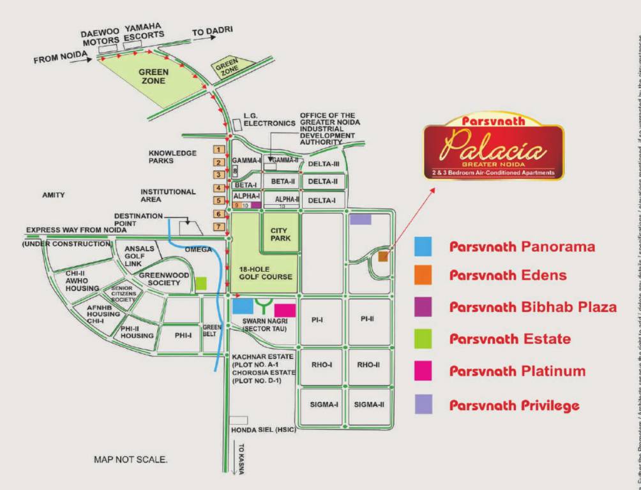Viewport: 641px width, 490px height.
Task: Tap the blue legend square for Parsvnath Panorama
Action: [423, 246]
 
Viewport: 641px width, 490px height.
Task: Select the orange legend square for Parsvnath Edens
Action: [423, 276]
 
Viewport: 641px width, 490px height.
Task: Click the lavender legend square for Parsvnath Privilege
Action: [423, 405]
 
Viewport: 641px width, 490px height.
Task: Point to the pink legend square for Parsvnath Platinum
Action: [423, 371]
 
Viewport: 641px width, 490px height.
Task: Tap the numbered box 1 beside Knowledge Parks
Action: [219, 150]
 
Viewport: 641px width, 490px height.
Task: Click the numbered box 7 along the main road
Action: [219, 226]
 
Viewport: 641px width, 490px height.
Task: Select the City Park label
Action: [281, 234]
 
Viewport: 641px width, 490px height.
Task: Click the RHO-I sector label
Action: [322, 365]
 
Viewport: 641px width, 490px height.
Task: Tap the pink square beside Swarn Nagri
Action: [285, 310]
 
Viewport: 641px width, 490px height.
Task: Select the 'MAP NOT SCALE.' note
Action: [130, 459]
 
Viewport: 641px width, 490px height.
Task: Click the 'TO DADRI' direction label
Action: [213, 30]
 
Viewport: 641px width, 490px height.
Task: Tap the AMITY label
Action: [54, 195]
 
